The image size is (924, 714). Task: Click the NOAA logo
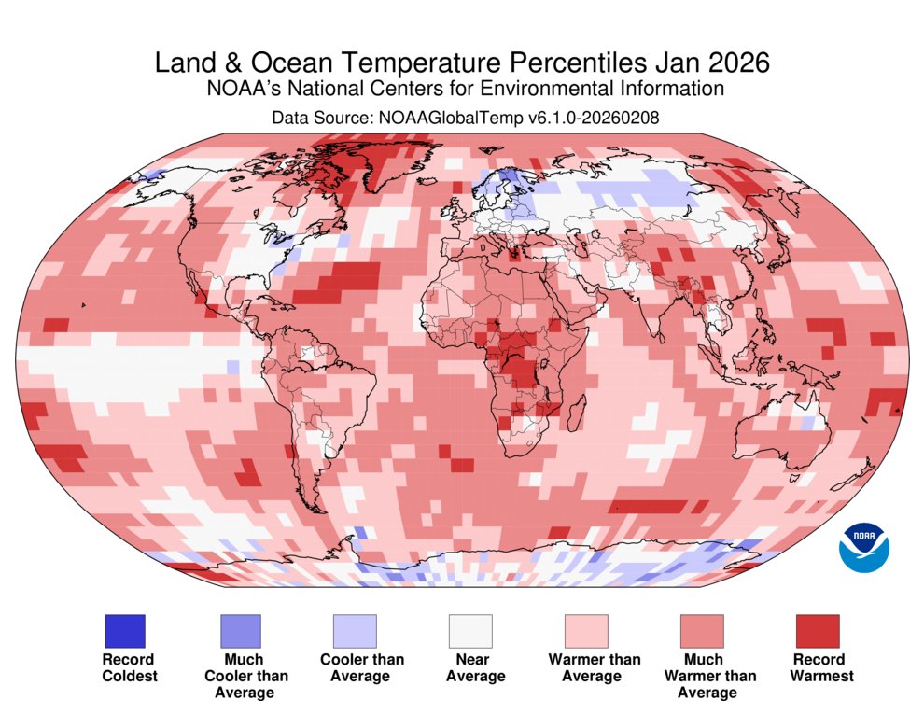click(x=864, y=546)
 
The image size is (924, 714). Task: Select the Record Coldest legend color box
click(x=124, y=630)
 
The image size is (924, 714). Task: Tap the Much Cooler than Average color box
click(x=240, y=630)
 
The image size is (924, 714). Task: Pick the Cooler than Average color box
click(x=356, y=630)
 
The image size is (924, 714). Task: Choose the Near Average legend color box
click(x=470, y=630)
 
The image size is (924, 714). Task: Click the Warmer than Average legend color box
click(x=586, y=630)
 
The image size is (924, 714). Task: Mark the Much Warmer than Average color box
click(x=702, y=630)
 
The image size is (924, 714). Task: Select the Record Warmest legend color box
click(x=818, y=630)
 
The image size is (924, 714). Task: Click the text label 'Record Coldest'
click(x=130, y=667)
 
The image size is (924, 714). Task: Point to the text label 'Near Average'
click(x=475, y=667)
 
